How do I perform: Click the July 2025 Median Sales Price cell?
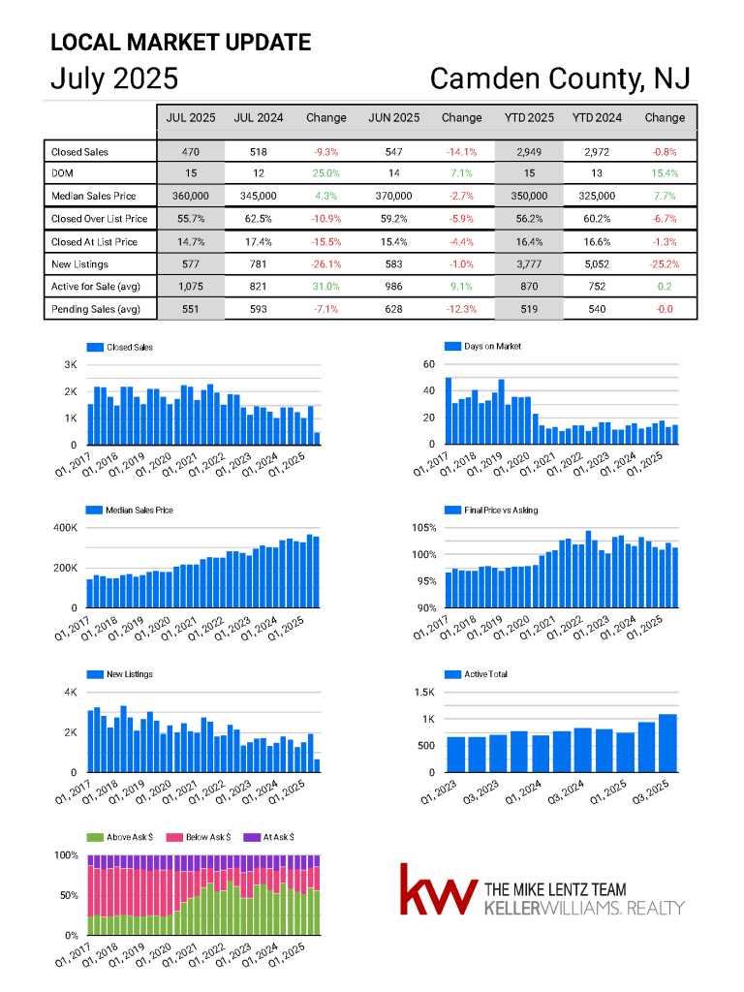[191, 196]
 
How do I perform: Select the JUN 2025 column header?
[393, 117]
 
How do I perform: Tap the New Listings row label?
[79, 264]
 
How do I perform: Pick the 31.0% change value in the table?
[325, 287]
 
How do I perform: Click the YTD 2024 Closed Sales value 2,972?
[597, 152]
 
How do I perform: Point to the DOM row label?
[62, 173]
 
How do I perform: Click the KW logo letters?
[439, 890]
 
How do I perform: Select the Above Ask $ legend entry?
[119, 837]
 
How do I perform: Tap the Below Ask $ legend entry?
[198, 837]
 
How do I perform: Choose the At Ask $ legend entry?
[269, 837]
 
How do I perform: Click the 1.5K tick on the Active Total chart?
[424, 692]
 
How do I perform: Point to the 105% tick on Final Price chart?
[424, 528]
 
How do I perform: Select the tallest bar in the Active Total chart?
[667, 743]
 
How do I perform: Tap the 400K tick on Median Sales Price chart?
[65, 528]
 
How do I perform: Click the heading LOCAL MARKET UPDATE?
[181, 43]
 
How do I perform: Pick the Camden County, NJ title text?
[560, 79]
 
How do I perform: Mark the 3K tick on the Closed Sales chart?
[70, 365]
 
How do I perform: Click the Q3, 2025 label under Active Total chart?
[650, 791]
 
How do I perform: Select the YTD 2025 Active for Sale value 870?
[529, 287]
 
